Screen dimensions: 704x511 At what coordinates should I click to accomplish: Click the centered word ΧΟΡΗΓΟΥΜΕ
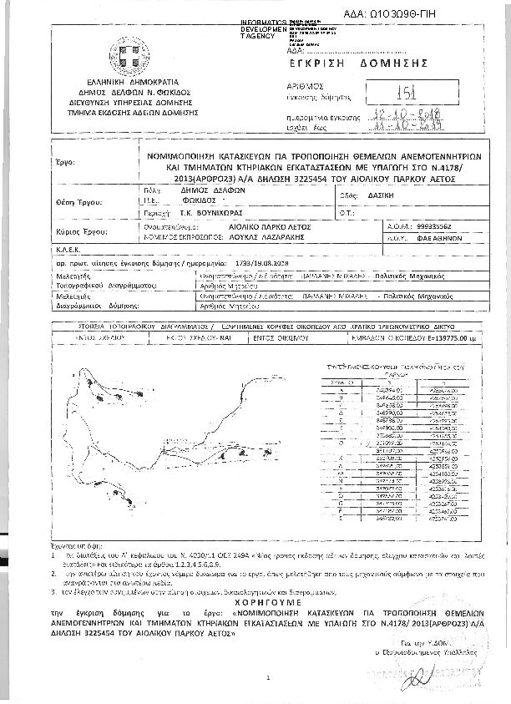point(255,600)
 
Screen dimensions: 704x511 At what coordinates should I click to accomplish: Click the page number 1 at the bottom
point(266,678)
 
